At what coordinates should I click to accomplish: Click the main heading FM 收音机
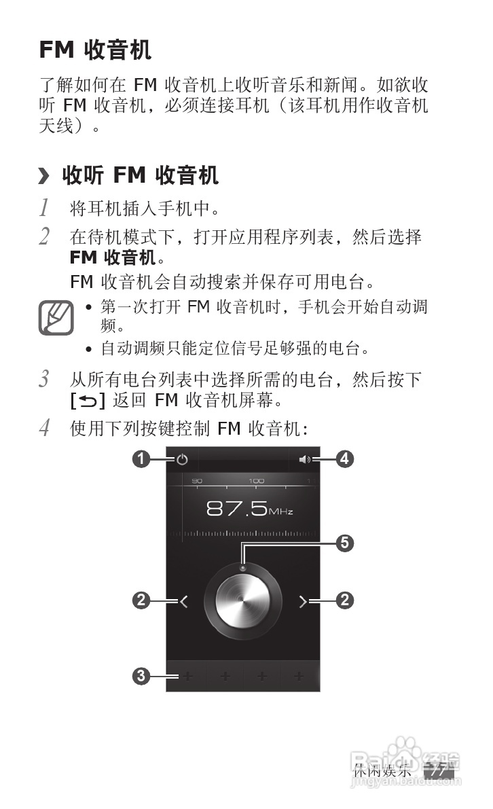tap(95, 50)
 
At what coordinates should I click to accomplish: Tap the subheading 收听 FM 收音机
tap(140, 176)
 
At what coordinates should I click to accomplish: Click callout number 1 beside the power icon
tap(141, 460)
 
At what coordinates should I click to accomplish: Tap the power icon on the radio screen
tap(181, 460)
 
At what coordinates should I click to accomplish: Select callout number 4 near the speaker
tap(344, 460)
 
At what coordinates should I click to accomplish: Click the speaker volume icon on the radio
tap(305, 460)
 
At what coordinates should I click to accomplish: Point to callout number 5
tap(345, 543)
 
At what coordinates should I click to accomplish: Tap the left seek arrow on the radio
tap(183, 600)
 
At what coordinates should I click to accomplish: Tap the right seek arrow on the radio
tap(304, 600)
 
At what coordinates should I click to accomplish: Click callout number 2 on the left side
tap(141, 600)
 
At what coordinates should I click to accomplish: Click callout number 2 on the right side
tap(345, 600)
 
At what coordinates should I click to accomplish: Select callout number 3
tap(141, 676)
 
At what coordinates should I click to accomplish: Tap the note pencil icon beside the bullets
tap(55, 317)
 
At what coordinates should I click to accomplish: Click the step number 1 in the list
tap(45, 206)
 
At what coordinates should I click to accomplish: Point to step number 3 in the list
tap(45, 379)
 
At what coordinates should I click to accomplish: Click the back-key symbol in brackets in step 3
tap(88, 401)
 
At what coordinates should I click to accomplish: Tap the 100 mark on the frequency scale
tap(256, 481)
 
